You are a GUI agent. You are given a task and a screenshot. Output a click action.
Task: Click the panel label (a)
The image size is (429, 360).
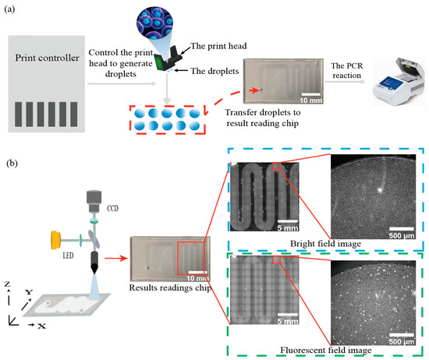tap(14, 9)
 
